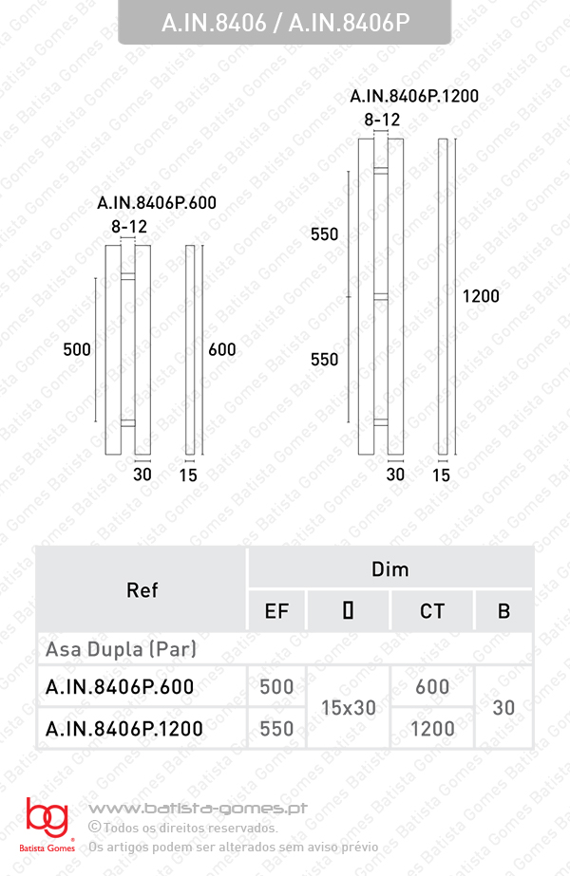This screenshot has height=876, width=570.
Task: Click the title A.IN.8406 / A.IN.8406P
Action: tap(285, 24)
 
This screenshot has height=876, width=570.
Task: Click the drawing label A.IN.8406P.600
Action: tap(157, 203)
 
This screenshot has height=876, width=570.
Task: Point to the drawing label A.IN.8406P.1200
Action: tap(414, 96)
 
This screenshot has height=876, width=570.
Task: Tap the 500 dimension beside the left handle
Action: tap(77, 349)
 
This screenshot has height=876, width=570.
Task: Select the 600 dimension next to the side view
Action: tap(221, 349)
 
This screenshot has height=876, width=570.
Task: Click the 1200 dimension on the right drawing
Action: tap(481, 296)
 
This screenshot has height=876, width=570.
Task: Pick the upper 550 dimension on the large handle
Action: tap(325, 234)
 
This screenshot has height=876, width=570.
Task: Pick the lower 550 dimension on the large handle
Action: tap(325, 360)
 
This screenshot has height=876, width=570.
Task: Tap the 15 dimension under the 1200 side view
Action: tap(441, 475)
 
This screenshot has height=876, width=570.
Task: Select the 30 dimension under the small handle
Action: tap(142, 475)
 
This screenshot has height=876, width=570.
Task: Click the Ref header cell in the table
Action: tap(142, 590)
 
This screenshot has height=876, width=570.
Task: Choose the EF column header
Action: tap(276, 611)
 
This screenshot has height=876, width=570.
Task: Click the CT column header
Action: tap(432, 611)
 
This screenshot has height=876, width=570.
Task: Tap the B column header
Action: tap(503, 611)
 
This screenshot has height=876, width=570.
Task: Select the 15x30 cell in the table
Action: tap(348, 708)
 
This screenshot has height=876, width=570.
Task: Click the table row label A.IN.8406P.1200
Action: tap(124, 729)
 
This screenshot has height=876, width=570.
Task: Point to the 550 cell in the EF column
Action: tap(276, 729)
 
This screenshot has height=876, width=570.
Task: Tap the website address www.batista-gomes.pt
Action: tap(198, 809)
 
